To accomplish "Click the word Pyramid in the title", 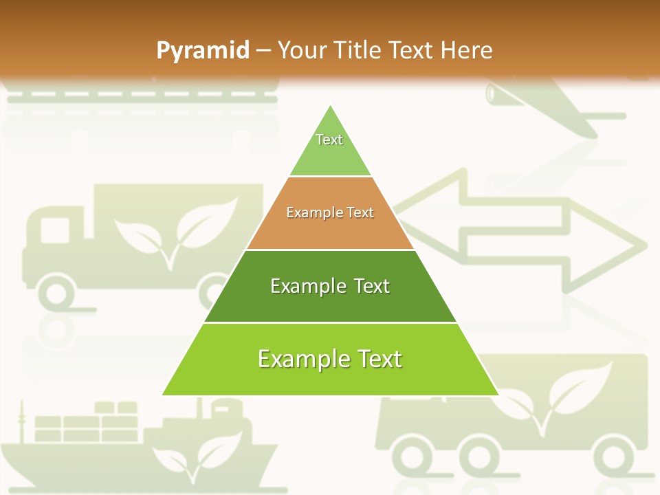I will [203, 50].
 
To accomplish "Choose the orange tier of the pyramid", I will [330, 213].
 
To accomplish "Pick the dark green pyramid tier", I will [330, 286].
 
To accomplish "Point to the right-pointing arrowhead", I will [619, 244].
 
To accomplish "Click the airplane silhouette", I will [550, 110].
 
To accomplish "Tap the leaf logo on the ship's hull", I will [196, 450].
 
